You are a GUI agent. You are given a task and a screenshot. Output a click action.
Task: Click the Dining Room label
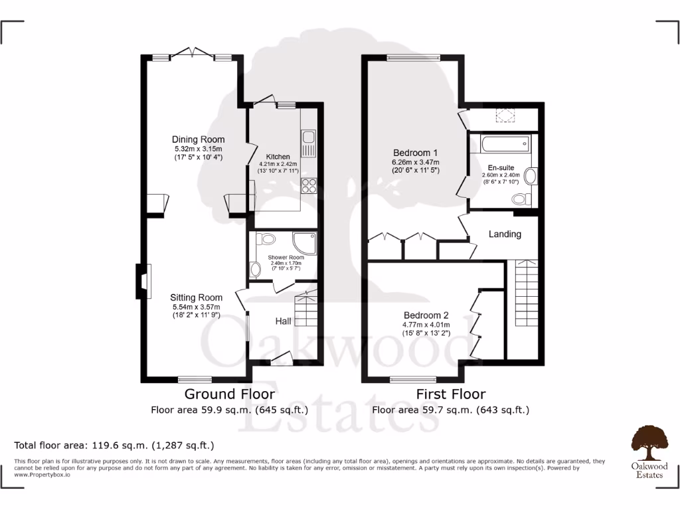tap(198, 139)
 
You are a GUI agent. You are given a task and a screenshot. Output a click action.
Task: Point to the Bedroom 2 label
tap(426, 315)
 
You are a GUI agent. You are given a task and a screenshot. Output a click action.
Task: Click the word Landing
tap(505, 234)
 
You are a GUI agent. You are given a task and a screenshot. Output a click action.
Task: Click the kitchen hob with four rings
tap(309, 185)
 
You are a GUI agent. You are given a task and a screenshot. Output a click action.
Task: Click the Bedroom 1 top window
tap(414, 58)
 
